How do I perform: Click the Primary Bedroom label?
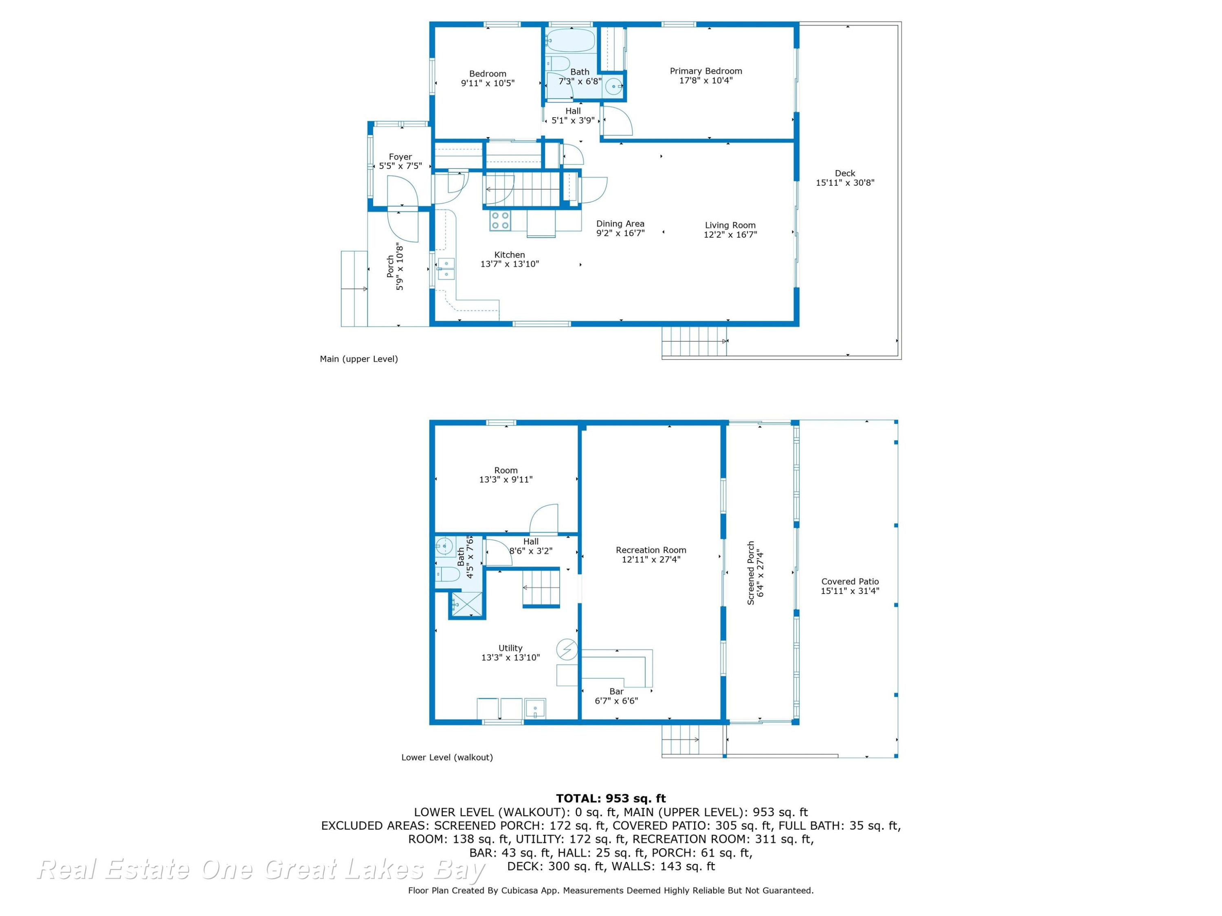click(x=706, y=71)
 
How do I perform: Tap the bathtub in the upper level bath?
click(x=570, y=40)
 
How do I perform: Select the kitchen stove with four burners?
click(x=500, y=221)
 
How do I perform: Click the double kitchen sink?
click(x=446, y=269)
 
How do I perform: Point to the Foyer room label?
click(x=400, y=157)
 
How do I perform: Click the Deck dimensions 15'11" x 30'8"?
click(x=845, y=183)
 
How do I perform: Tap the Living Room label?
click(x=730, y=225)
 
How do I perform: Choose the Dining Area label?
click(x=620, y=224)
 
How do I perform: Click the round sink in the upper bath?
click(x=613, y=87)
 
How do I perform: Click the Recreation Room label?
click(x=651, y=550)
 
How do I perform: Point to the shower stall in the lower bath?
click(x=467, y=604)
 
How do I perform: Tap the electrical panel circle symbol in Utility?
click(x=567, y=649)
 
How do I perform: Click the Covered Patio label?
click(x=850, y=581)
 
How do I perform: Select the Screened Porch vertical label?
click(x=750, y=573)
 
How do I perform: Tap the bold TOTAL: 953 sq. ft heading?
click(x=611, y=798)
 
